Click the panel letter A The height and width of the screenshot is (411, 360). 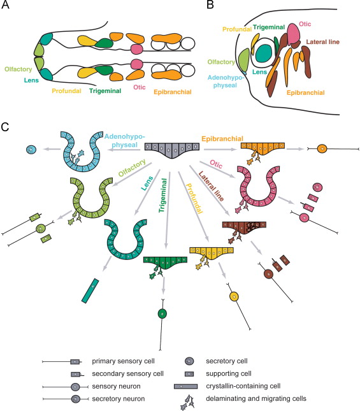[5, 5]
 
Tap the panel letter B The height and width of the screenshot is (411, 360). [210, 5]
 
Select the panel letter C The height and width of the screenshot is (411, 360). [5, 127]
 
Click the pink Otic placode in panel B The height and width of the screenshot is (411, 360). [294, 34]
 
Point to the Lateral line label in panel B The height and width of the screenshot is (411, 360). [322, 42]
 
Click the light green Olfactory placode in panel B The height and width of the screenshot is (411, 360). [243, 60]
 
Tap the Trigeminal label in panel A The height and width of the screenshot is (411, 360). [105, 91]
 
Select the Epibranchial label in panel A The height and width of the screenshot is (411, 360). [173, 92]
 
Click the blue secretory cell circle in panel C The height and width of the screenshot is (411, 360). [31, 150]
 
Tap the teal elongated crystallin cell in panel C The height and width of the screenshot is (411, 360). [90, 291]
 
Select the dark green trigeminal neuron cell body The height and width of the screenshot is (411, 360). [162, 314]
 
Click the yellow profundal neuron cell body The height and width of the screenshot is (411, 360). [234, 297]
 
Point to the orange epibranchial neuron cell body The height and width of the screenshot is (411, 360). [322, 149]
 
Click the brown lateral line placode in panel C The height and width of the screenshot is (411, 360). [244, 227]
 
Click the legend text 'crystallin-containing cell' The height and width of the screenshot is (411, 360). [243, 386]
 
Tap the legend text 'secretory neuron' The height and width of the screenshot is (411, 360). [118, 399]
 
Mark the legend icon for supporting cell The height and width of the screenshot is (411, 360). [189, 374]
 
